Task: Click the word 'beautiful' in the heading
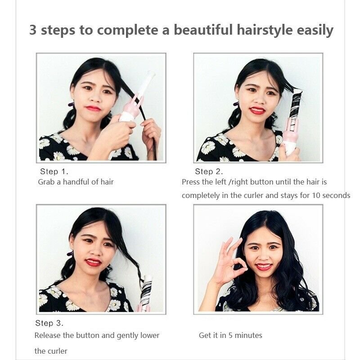click(203, 30)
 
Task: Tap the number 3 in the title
click(33, 30)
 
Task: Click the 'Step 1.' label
click(54, 171)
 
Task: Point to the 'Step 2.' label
click(209, 171)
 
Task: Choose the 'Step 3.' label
click(49, 323)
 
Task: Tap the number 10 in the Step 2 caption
click(316, 195)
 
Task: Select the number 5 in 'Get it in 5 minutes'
click(230, 335)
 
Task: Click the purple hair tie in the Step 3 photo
click(70, 254)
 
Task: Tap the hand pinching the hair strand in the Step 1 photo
click(150, 131)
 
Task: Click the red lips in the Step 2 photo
click(257, 110)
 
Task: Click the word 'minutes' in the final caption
click(248, 335)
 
